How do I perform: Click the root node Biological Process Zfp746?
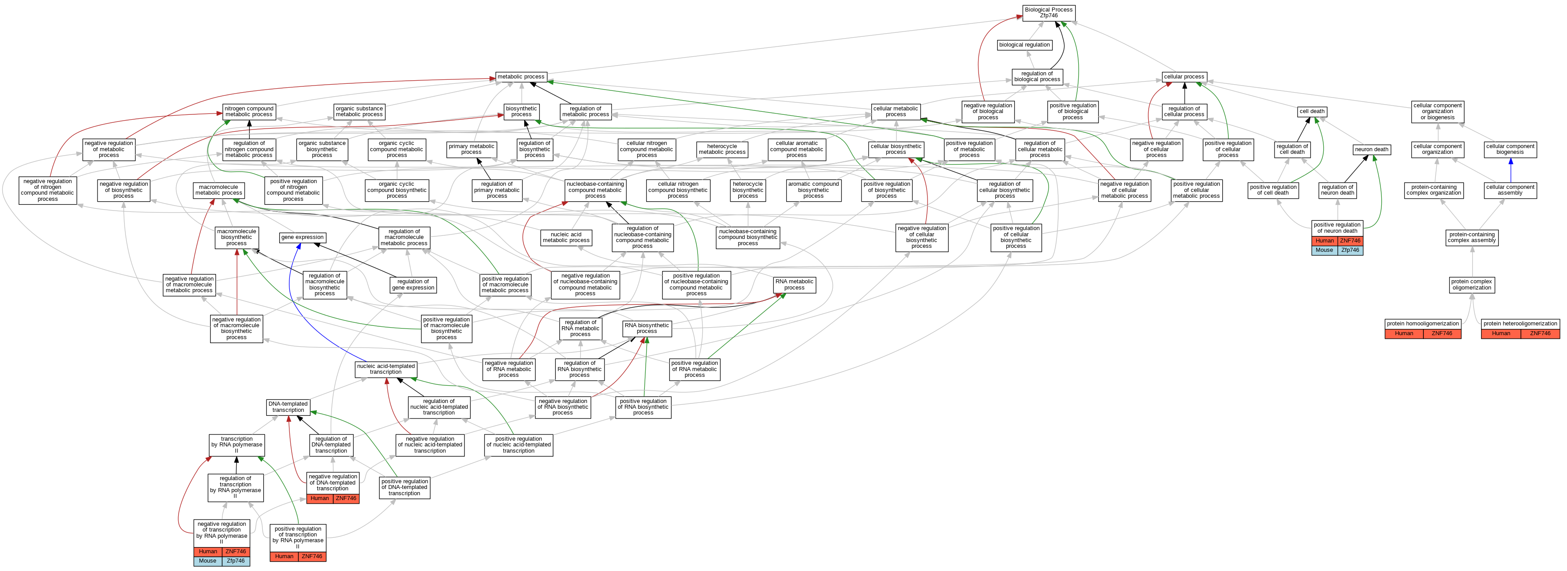(x=1049, y=13)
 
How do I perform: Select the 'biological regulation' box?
(x=1025, y=45)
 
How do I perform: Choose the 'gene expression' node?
(x=302, y=238)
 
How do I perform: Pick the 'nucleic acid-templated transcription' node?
(x=386, y=369)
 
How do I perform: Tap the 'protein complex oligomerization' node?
(x=1471, y=284)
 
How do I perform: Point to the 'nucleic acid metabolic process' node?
(x=566, y=238)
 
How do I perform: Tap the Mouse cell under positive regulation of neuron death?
(x=1324, y=250)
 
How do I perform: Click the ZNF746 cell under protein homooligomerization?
(x=1442, y=333)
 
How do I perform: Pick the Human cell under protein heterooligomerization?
(x=1501, y=333)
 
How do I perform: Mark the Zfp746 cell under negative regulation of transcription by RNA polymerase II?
(x=235, y=561)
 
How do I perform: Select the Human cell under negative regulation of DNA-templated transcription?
(x=320, y=499)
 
